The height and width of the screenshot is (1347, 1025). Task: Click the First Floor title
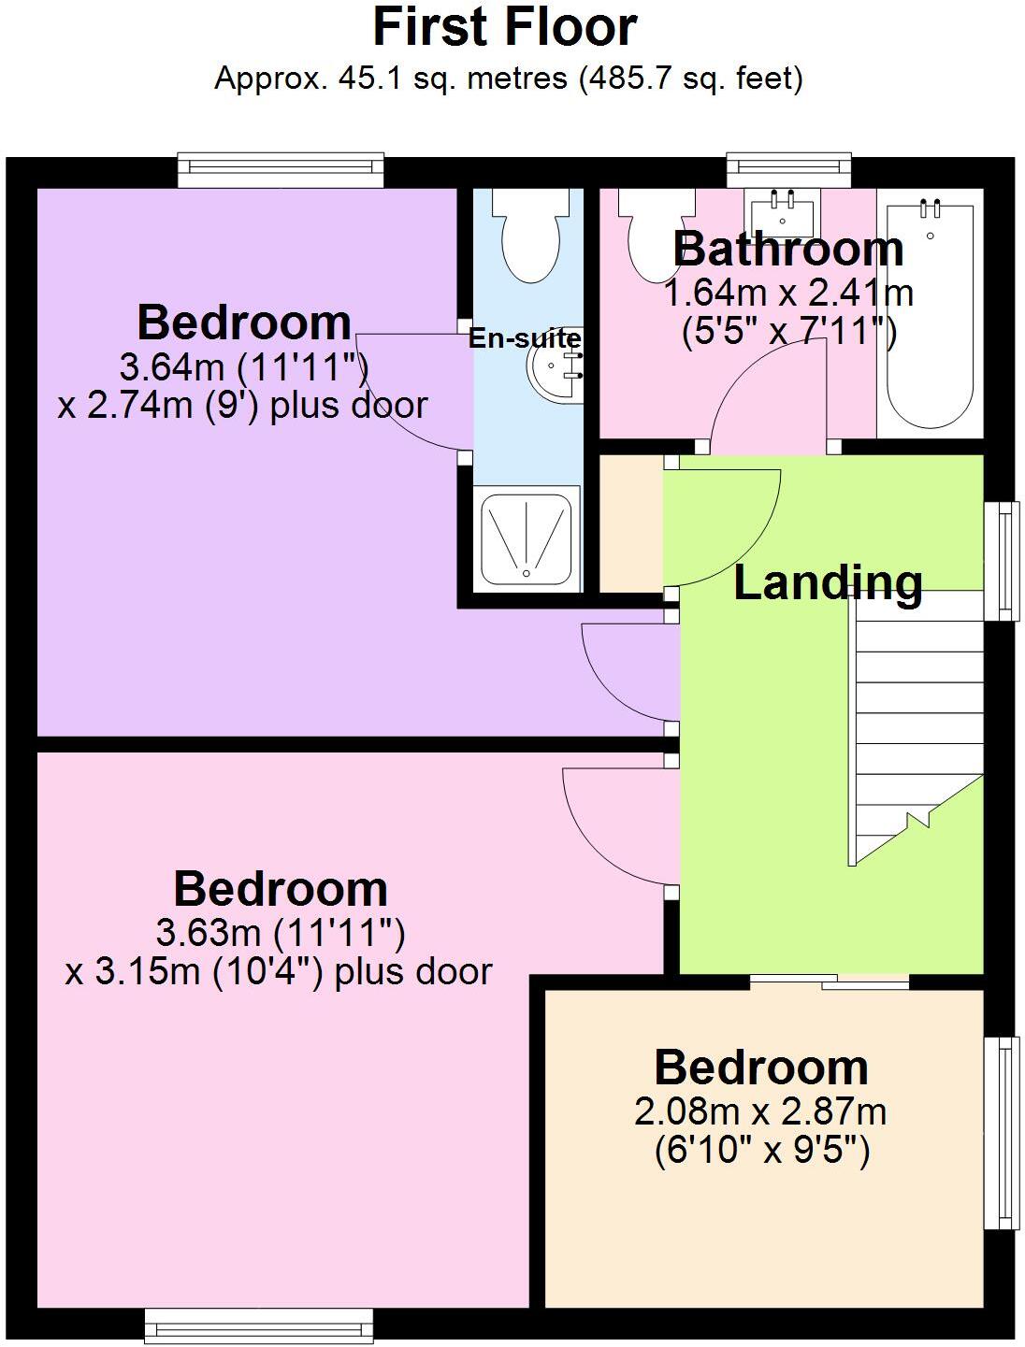click(x=505, y=28)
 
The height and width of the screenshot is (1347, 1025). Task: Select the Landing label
click(x=828, y=582)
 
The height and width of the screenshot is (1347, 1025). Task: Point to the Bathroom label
click(x=788, y=249)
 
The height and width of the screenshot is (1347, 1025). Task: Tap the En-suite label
click(x=525, y=338)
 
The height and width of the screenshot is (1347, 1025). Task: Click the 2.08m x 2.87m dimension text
click(x=760, y=1112)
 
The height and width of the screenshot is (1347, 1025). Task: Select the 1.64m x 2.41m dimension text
click(x=788, y=294)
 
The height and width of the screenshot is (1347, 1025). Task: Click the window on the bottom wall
click(x=259, y=1325)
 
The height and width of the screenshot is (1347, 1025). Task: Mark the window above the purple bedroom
click(x=282, y=167)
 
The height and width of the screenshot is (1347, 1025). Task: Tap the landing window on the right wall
click(x=1005, y=561)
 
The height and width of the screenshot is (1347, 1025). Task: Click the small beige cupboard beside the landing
click(x=629, y=523)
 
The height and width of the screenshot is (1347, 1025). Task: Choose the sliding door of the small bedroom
click(x=830, y=982)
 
